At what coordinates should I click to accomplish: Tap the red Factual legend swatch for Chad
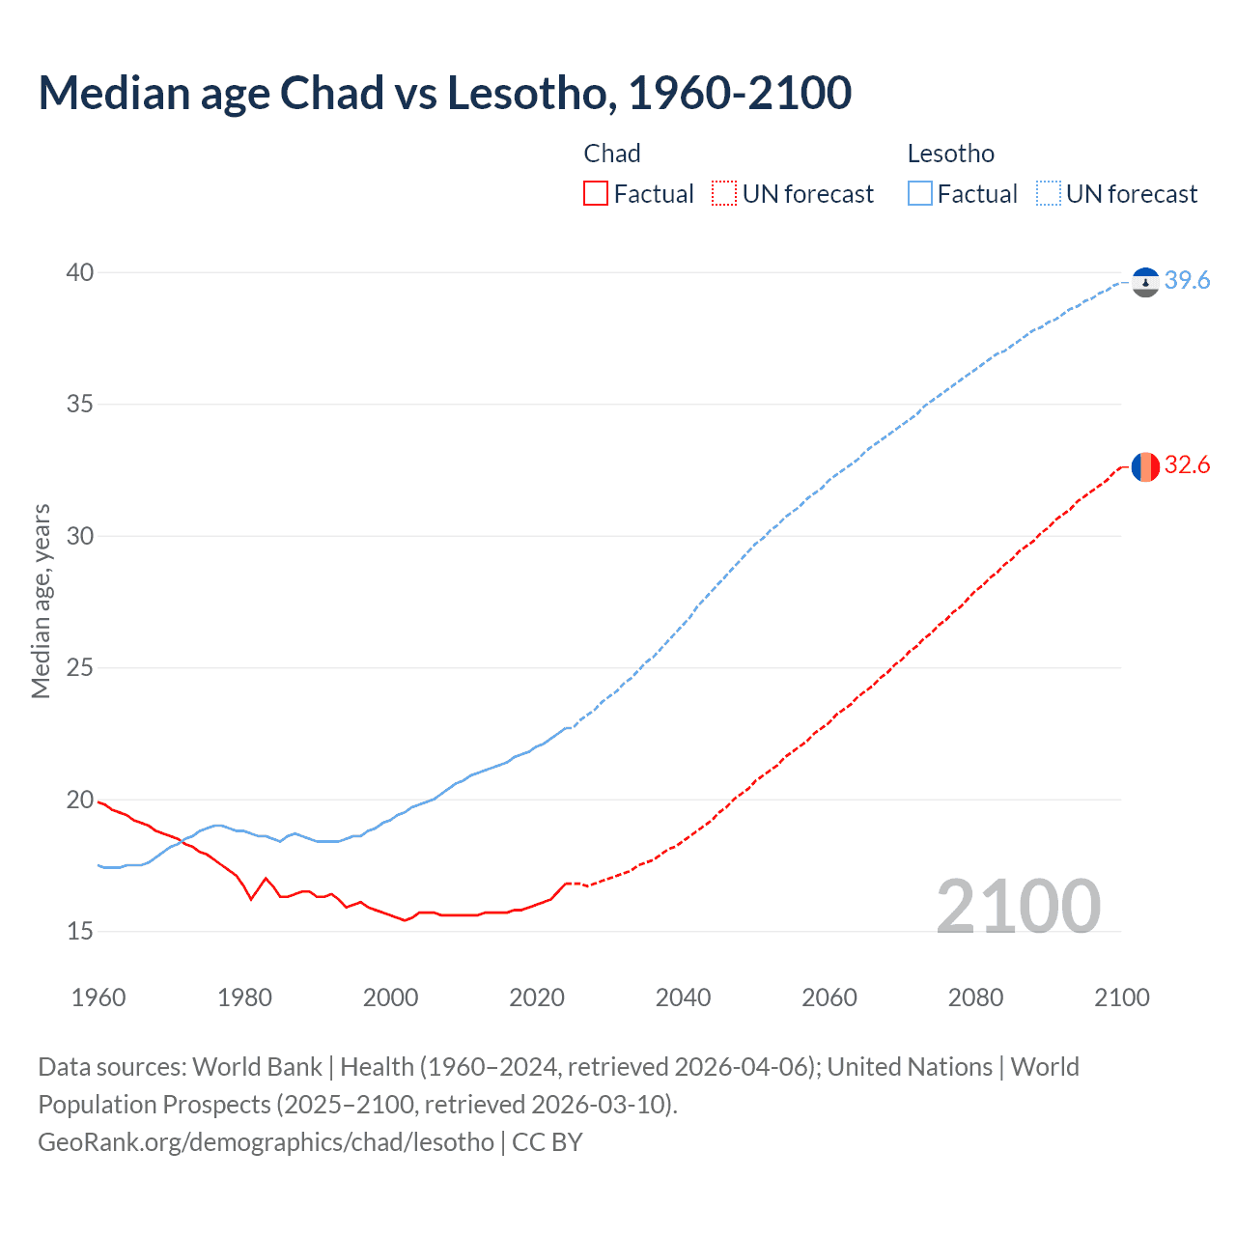click(x=596, y=194)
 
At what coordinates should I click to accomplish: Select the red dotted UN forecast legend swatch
click(x=724, y=194)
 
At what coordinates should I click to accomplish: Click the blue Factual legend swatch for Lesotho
click(x=920, y=194)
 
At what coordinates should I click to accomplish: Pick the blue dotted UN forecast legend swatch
click(x=1048, y=194)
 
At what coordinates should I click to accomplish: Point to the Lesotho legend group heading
click(x=950, y=154)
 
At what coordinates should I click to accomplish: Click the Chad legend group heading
click(x=612, y=154)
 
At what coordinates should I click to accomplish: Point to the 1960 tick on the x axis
click(x=98, y=997)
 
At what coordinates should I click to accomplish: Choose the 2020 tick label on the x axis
click(x=537, y=997)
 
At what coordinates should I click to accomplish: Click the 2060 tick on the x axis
click(x=829, y=997)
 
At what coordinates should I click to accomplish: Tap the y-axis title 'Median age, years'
click(x=41, y=601)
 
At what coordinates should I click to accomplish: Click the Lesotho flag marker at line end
click(x=1145, y=282)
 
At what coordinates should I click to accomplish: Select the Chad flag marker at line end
click(x=1145, y=466)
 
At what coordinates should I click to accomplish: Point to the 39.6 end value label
click(x=1187, y=280)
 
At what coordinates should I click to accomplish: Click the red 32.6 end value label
click(x=1187, y=465)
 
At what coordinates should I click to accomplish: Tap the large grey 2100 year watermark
click(x=1018, y=906)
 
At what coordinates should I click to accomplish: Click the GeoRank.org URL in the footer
click(x=266, y=1142)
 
